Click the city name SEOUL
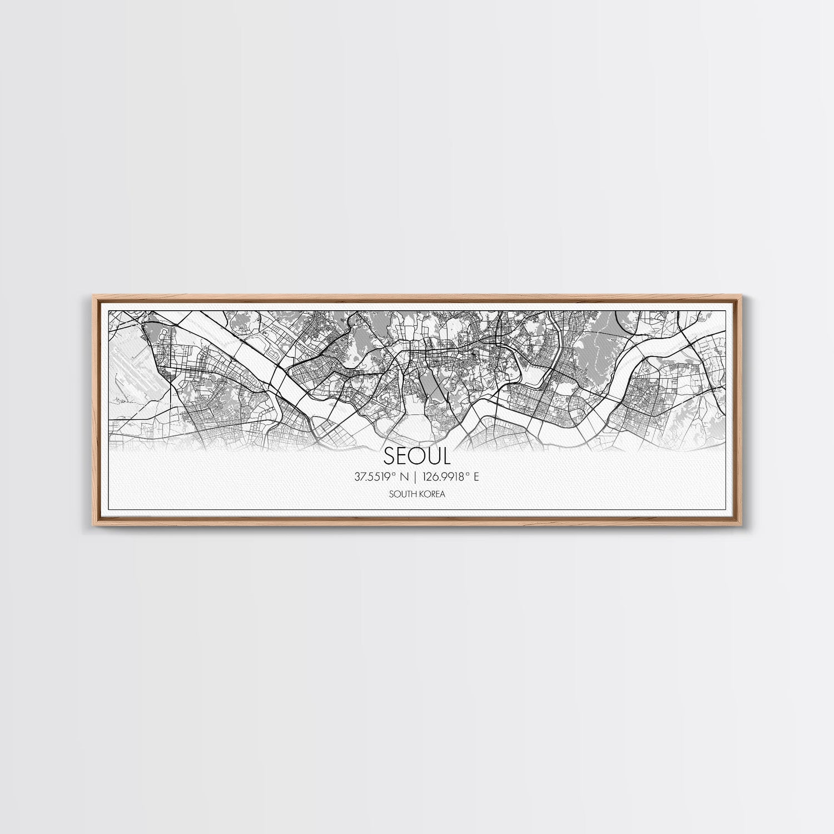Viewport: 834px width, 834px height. (416, 456)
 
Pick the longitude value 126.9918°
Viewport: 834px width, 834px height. (445, 476)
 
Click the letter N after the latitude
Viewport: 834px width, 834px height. (404, 476)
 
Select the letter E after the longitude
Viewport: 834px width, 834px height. (476, 476)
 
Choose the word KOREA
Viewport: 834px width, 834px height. (431, 493)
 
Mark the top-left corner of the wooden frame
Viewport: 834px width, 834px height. (91, 297)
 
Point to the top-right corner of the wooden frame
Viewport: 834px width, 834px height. (743, 297)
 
